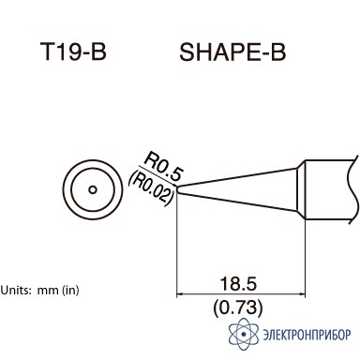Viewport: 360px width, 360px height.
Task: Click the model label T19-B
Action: (x=73, y=52)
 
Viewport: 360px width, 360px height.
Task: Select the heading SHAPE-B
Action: (x=232, y=52)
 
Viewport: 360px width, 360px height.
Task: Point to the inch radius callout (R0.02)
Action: (x=151, y=188)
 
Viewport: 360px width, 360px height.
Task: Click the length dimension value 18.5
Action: (x=238, y=284)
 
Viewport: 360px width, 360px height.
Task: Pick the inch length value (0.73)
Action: (x=238, y=307)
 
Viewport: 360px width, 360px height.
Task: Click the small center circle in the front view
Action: (x=93, y=189)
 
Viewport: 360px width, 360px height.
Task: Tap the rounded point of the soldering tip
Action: (x=178, y=189)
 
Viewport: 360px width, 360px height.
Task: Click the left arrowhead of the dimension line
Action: (x=180, y=294)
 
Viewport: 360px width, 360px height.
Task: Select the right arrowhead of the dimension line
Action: (x=302, y=294)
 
